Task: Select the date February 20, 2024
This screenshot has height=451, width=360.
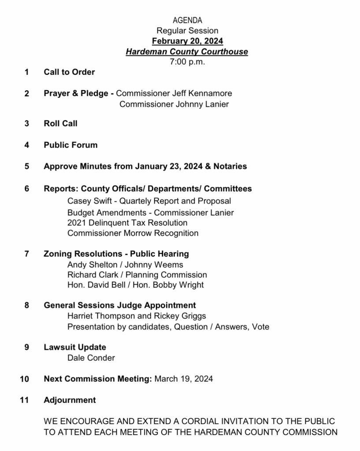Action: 187,41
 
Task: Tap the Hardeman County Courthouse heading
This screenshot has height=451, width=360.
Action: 187,52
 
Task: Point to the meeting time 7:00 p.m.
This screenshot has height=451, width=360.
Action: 187,62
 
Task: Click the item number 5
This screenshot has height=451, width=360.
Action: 27,166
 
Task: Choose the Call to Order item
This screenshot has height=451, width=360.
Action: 69,72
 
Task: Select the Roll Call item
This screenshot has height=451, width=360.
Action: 60,123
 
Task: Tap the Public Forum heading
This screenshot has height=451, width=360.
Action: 71,145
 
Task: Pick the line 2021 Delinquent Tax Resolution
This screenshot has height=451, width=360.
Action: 127,223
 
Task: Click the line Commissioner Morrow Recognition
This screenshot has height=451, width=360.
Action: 133,233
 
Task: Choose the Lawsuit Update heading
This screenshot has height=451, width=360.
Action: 75,347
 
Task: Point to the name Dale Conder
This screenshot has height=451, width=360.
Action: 91,358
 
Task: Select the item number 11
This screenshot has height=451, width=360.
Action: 25,400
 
